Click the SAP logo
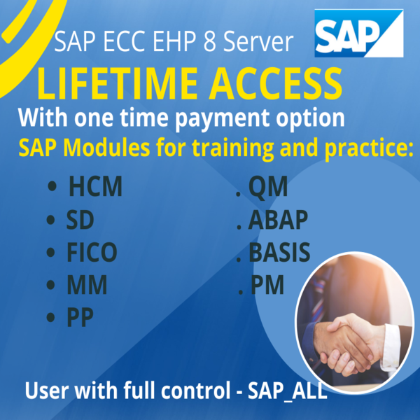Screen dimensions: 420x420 pos(358,34)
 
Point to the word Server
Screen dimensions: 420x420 pos(265,44)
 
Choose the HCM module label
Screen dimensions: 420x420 pos(95,188)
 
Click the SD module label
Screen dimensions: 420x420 pos(80,220)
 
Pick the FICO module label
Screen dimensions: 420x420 pos(92,253)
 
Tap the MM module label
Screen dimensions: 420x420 pos(86,286)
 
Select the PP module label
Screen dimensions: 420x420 pos(80,318)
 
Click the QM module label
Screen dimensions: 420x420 pos(268,188)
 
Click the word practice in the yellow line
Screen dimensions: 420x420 pos(370,149)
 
